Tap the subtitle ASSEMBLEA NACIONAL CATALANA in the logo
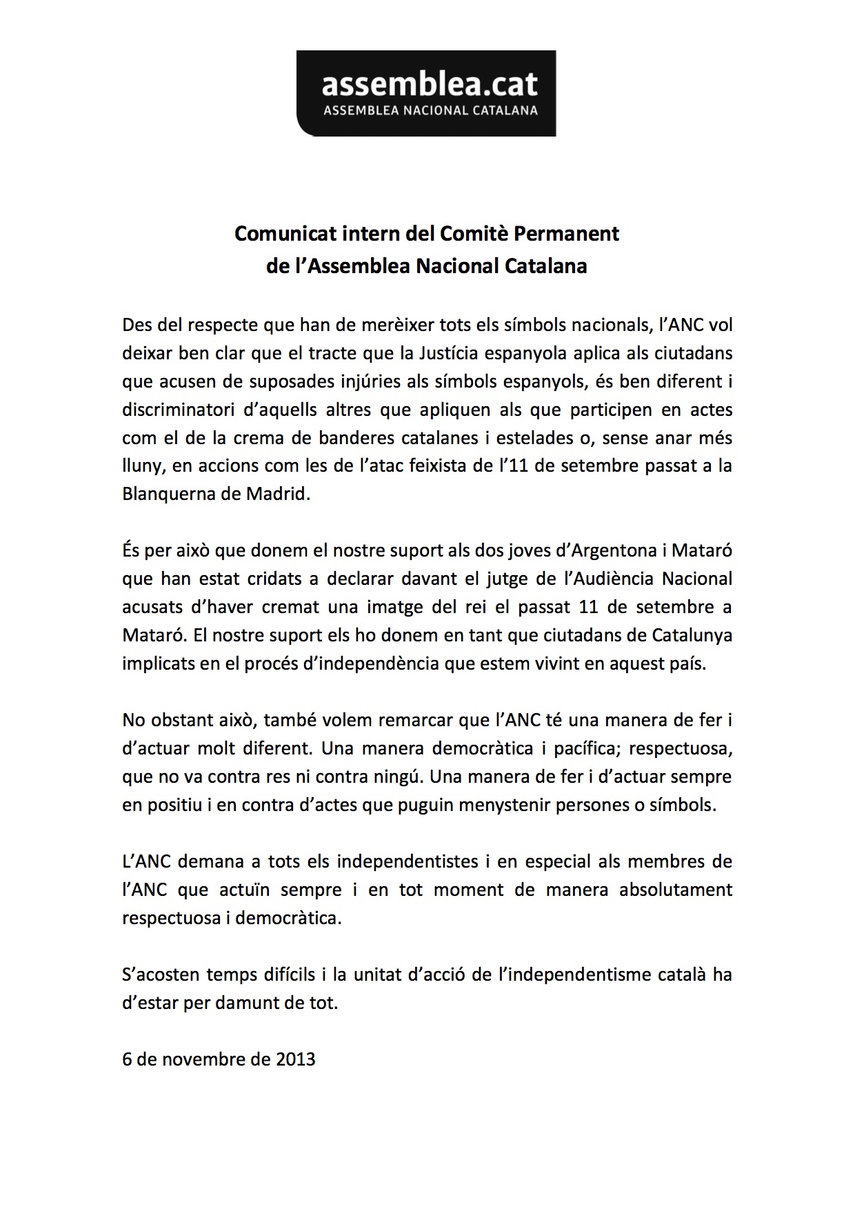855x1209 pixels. [430, 110]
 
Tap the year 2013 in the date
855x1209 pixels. [296, 1059]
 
